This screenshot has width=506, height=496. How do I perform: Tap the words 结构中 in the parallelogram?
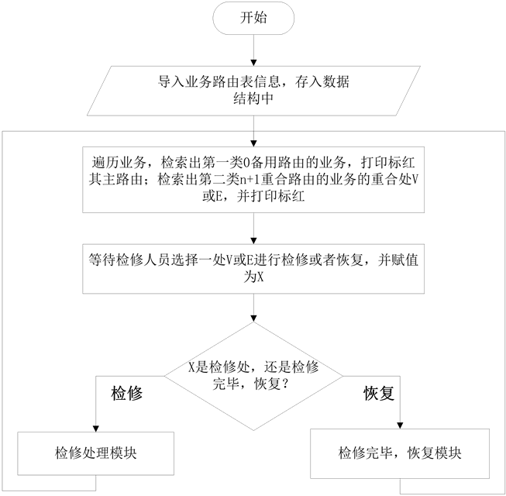[253, 99]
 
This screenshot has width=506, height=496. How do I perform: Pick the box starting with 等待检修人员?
[253, 268]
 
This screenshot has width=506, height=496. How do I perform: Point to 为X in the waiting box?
[253, 277]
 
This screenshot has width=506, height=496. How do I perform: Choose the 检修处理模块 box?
[96, 453]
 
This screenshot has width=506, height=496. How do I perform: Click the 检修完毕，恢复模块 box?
[399, 453]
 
